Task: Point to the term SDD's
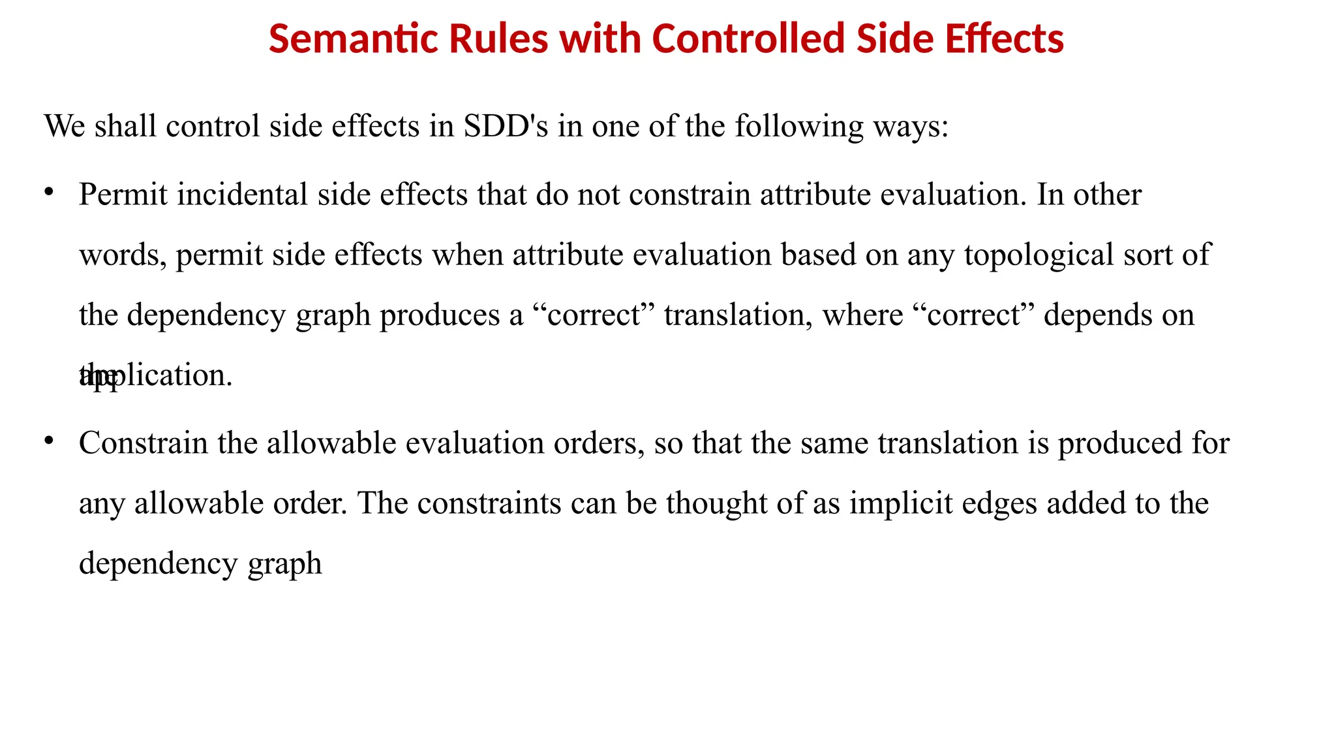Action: (x=506, y=125)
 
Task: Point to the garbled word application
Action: (x=157, y=375)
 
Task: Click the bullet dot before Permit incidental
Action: (x=48, y=192)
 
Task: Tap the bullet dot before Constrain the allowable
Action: (x=48, y=441)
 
